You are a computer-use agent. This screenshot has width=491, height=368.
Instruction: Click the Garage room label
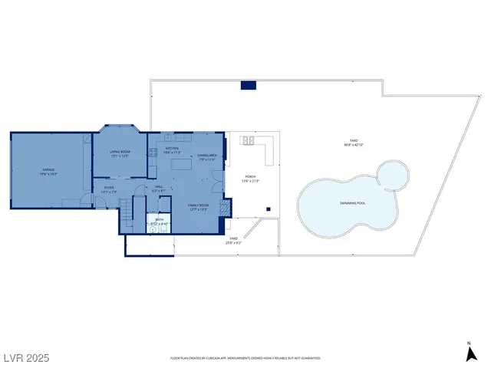(48, 169)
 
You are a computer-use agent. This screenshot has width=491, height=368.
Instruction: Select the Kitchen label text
(172, 149)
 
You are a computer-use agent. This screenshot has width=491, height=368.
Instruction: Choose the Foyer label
(109, 187)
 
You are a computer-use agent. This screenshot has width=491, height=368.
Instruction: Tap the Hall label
(159, 187)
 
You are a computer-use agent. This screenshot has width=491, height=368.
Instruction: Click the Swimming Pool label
(352, 203)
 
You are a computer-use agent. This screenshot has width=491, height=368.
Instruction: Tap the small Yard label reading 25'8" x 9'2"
(233, 241)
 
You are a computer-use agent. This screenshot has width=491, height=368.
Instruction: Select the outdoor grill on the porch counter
(248, 141)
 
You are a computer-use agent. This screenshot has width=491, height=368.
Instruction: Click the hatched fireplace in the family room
(224, 208)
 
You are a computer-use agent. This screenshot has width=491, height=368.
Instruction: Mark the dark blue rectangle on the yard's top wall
(248, 85)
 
